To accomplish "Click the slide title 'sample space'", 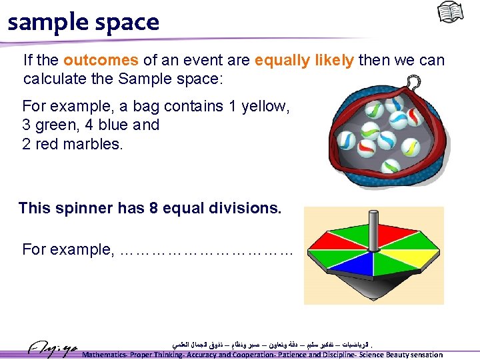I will (x=83, y=22).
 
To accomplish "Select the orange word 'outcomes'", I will (x=101, y=61).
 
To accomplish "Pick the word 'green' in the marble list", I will (x=55, y=125).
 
